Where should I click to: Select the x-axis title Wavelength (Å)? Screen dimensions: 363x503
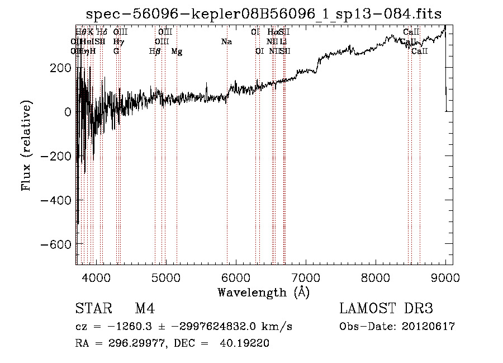click(263, 292)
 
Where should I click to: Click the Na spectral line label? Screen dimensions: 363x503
click(226, 42)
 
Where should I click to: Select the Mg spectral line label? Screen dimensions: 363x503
click(177, 51)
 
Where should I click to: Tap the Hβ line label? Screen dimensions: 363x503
click(155, 51)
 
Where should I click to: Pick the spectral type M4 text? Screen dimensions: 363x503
click(145, 309)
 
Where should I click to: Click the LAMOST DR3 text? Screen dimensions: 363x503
click(386, 309)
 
